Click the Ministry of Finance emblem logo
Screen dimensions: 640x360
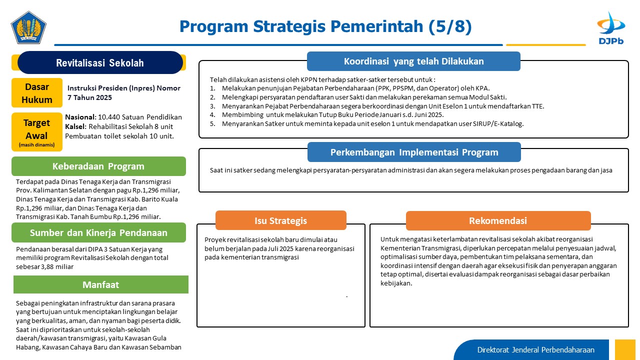coord(28,27)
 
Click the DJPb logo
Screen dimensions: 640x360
coord(611,28)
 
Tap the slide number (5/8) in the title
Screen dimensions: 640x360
coord(450,26)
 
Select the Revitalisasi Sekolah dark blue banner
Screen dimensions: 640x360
coord(100,62)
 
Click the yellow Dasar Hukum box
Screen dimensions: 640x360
coord(37,93)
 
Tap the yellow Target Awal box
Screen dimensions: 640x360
coord(37,131)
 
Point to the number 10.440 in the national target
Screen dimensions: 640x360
coord(109,117)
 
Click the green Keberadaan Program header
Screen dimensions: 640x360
coord(98,166)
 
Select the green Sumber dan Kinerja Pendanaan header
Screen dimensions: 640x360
coord(98,232)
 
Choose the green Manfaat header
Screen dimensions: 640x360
coord(101,284)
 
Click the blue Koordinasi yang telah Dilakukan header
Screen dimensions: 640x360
coord(413,61)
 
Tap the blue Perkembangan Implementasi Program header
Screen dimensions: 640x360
coord(414,152)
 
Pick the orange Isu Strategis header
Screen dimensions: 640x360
coord(281,220)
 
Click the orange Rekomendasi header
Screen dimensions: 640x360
coord(498,220)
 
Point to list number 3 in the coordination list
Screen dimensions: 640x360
coord(212,106)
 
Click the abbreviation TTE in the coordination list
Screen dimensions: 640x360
coord(538,106)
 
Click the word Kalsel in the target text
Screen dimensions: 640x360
coord(75,126)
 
